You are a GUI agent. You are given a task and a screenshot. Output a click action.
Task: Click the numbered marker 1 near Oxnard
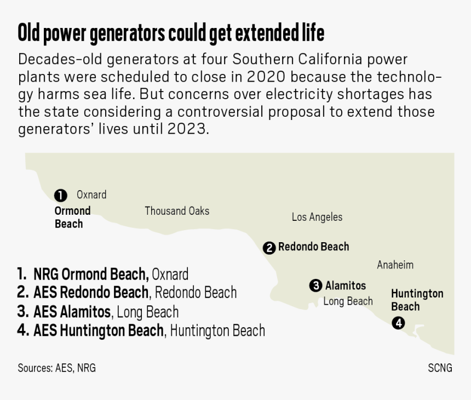point(61,195)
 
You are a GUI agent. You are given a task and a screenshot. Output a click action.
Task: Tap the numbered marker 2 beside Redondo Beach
point(269,248)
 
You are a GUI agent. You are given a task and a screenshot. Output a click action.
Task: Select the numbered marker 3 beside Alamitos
point(315,285)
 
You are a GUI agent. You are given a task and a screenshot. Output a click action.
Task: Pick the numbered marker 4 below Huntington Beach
point(398,323)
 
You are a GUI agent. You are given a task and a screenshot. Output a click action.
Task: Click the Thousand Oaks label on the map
point(177,211)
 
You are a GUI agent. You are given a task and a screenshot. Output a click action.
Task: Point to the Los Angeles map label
point(317,217)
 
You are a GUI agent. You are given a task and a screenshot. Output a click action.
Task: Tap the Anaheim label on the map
point(395,265)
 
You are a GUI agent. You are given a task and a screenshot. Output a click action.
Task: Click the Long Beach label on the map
point(348,301)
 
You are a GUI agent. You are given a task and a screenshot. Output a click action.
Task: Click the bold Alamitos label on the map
point(346,285)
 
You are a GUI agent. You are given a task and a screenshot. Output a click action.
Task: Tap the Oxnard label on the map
point(91,195)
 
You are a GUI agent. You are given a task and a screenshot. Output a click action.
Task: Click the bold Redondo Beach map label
point(314,247)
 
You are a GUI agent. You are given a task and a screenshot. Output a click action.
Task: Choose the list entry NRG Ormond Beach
point(91,274)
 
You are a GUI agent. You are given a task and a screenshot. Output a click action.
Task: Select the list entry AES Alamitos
point(72,312)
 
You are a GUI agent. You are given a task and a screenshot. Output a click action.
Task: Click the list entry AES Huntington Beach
point(99,330)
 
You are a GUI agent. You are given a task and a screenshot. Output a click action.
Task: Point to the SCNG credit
point(440,368)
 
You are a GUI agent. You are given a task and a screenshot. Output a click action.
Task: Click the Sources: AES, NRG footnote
point(57,368)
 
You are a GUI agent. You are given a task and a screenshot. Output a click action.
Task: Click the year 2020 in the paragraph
point(266,77)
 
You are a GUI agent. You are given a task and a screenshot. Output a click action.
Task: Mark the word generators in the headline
point(128,33)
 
